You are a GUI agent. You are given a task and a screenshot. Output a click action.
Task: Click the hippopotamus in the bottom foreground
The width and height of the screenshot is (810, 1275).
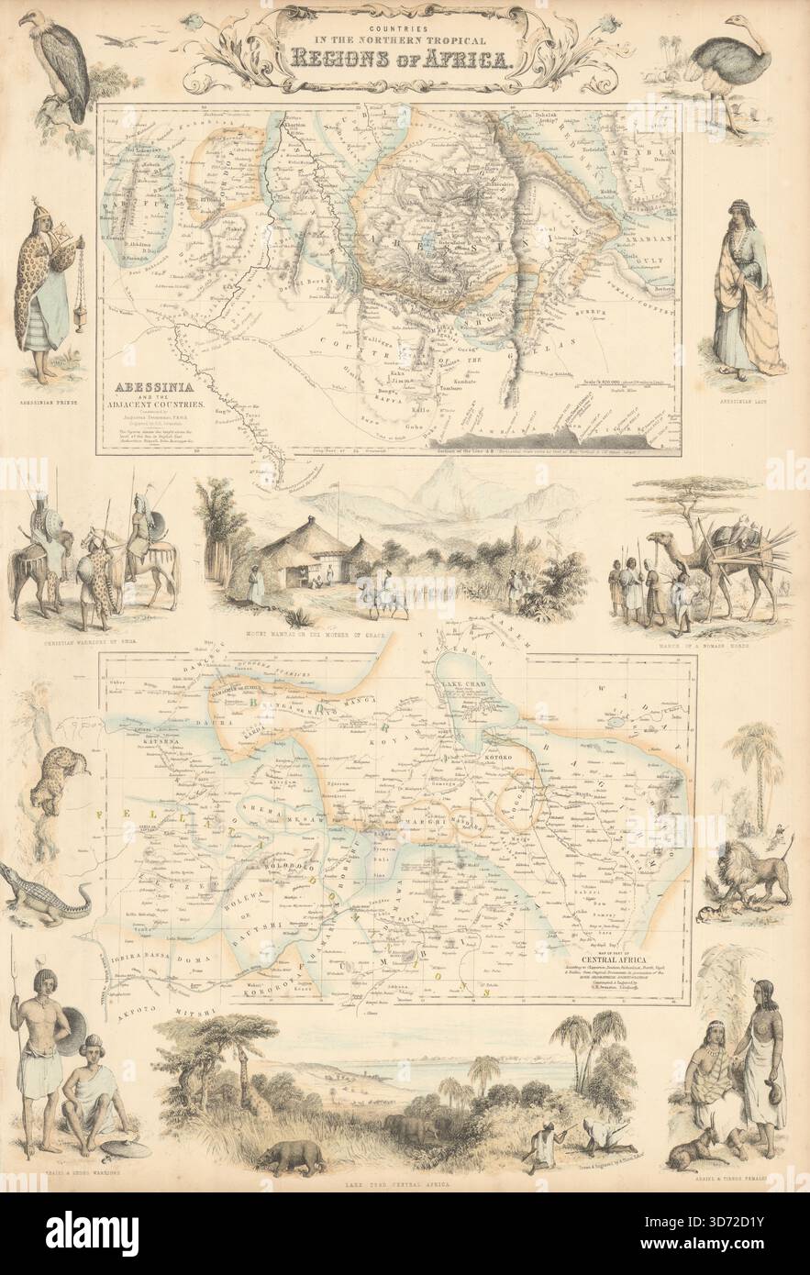point(292,1157)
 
